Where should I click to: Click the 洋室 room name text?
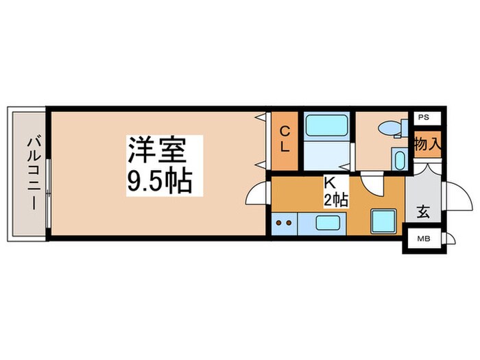165,150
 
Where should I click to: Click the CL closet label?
285,139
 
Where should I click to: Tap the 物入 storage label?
427,145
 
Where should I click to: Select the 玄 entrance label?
423,213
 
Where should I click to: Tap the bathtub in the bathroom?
326,126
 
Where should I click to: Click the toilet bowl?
389,129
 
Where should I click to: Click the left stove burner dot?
279,222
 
